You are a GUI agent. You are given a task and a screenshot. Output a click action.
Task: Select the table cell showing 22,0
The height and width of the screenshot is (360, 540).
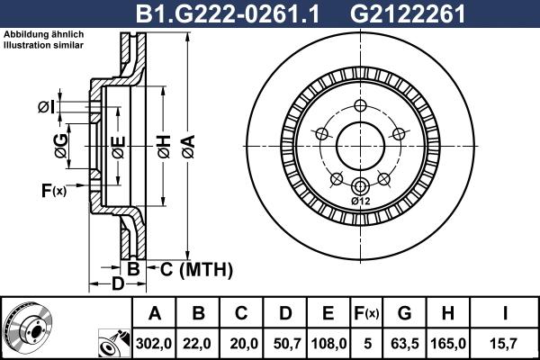[199, 342]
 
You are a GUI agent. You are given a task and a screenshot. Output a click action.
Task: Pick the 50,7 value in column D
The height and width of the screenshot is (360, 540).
[285, 342]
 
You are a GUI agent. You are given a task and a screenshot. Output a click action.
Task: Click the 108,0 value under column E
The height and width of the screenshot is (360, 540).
[328, 342]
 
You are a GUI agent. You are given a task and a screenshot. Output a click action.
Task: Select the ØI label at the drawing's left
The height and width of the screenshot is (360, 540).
[46, 107]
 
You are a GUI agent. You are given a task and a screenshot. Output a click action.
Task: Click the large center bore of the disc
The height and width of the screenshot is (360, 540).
[361, 144]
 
